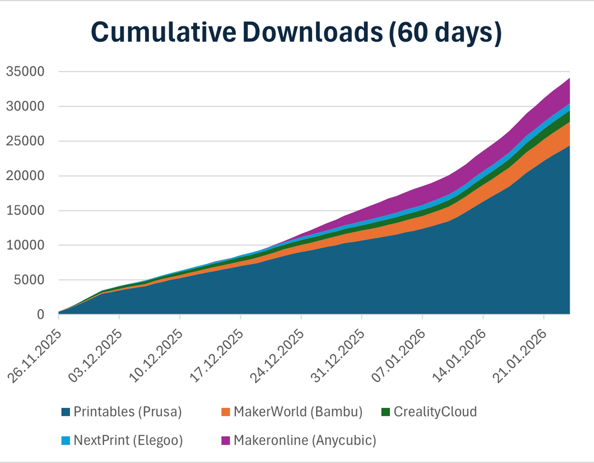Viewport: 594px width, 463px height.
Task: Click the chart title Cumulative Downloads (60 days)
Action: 296,32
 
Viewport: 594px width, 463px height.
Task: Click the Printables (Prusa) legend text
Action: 128,412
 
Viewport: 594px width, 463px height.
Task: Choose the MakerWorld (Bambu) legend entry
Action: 298,412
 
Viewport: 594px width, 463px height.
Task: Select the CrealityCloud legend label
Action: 435,412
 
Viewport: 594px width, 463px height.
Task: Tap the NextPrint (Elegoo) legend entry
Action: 128,440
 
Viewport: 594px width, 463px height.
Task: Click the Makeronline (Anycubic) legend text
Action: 305,440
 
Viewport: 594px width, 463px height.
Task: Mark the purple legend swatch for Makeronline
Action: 226,441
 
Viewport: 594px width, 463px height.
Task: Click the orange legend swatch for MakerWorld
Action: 226,412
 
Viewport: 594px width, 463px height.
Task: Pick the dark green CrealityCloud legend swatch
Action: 385,412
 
